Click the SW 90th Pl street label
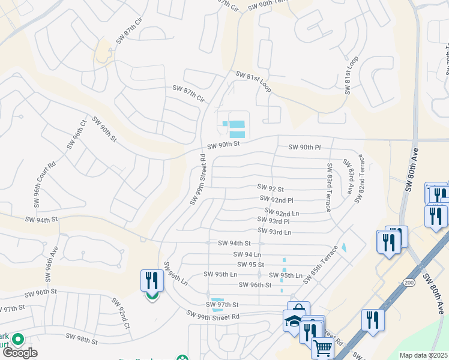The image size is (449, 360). [305, 147]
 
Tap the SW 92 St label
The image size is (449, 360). [270, 188]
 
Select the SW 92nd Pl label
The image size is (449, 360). [276, 199]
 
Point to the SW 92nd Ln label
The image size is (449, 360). [279, 213]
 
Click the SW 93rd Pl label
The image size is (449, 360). [278, 221]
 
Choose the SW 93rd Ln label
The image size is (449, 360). [274, 232]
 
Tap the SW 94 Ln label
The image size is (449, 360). [247, 254]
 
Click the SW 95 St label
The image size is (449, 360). [250, 264]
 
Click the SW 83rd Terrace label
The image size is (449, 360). [329, 187]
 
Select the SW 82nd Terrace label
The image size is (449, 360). [359, 179]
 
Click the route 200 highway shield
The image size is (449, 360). [409, 281]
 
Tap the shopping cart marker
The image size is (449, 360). [323, 347]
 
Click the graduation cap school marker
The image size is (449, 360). [294, 321]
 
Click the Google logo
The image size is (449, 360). [20, 353]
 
